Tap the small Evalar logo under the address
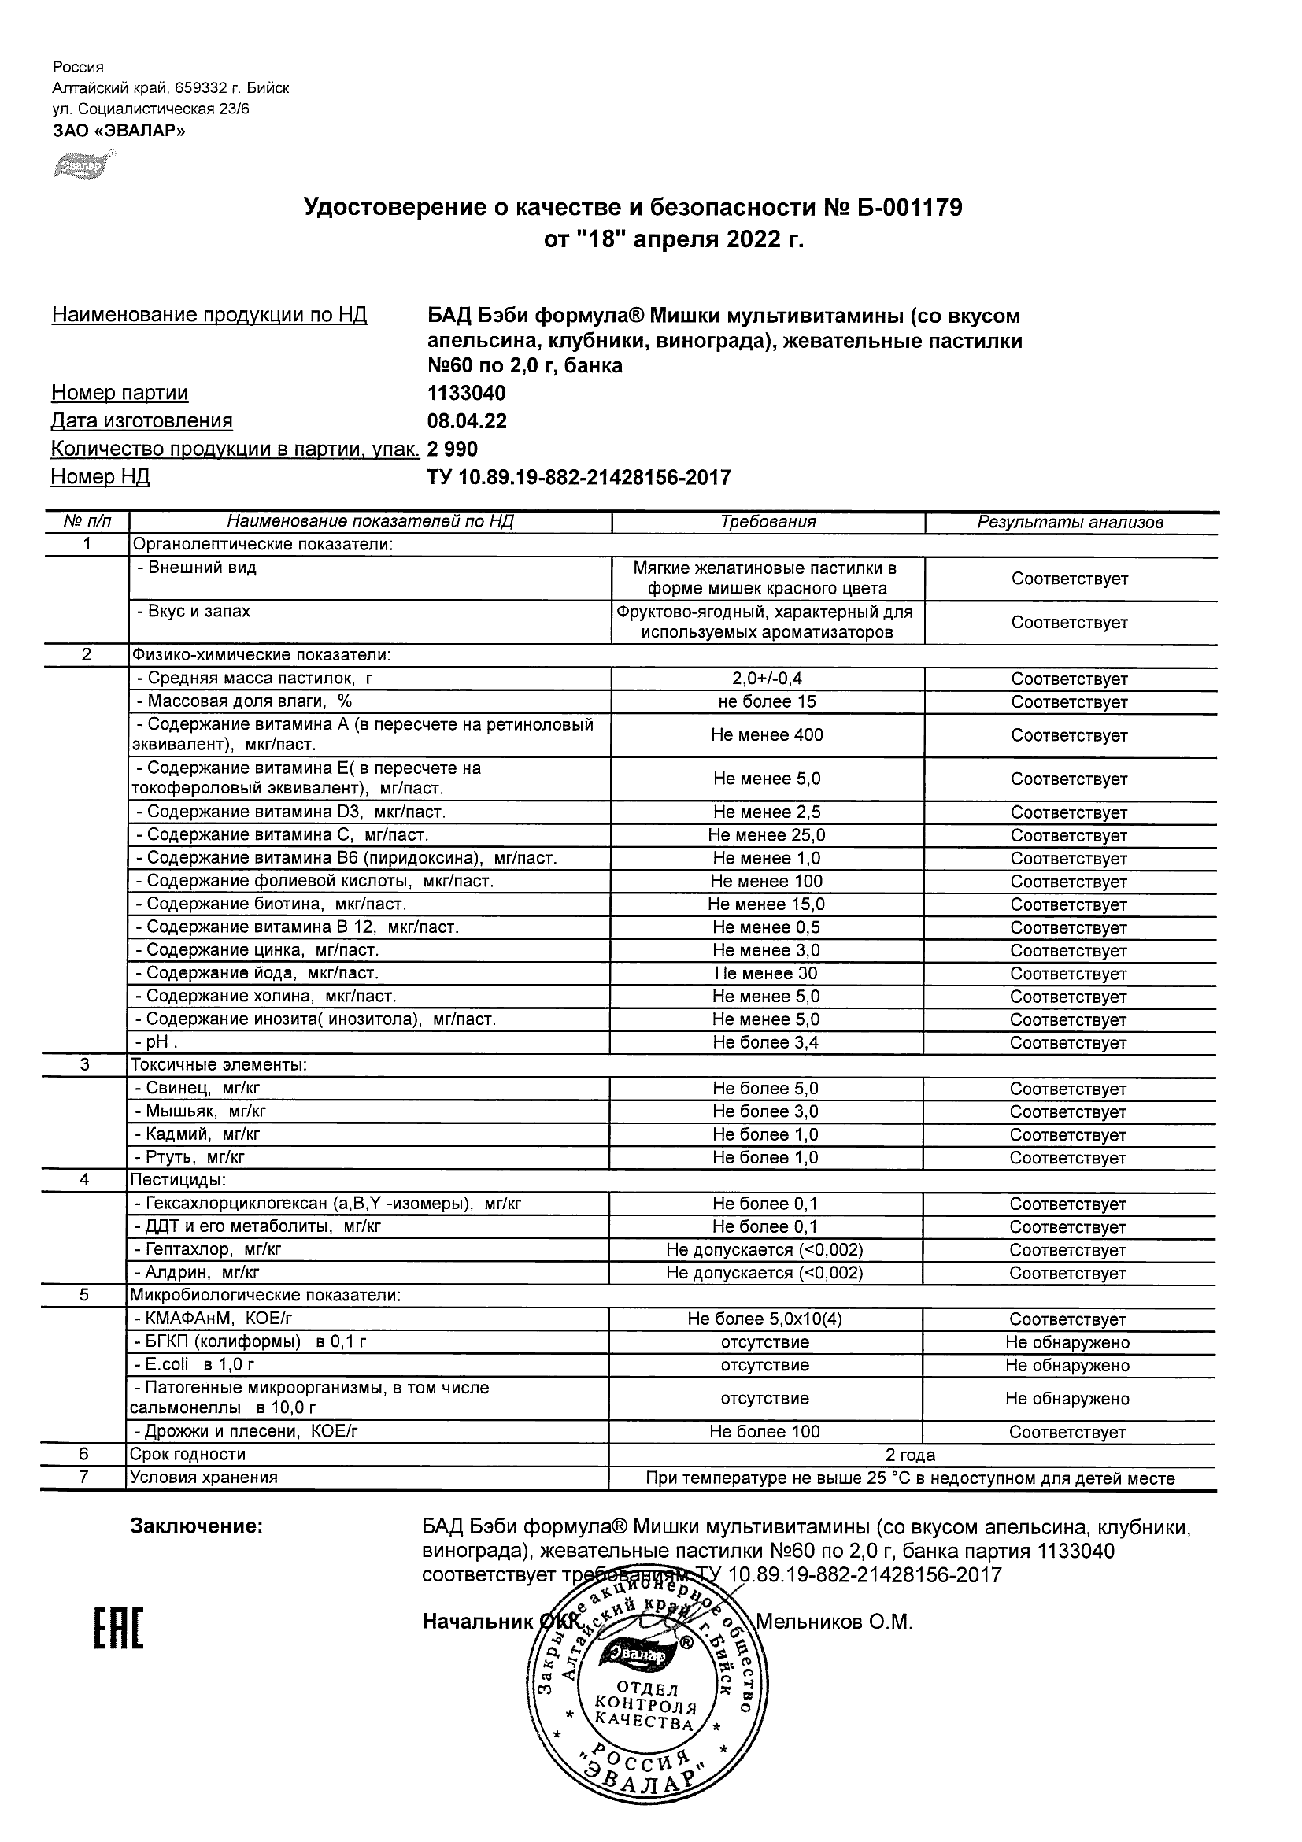(83, 165)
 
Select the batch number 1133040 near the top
(467, 393)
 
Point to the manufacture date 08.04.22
(467, 421)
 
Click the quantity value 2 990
(453, 449)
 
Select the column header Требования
(768, 522)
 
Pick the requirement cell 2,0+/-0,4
(767, 679)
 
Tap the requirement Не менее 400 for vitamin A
(767, 735)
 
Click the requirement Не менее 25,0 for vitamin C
(767, 835)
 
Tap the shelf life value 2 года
(910, 1455)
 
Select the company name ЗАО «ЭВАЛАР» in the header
(119, 131)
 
